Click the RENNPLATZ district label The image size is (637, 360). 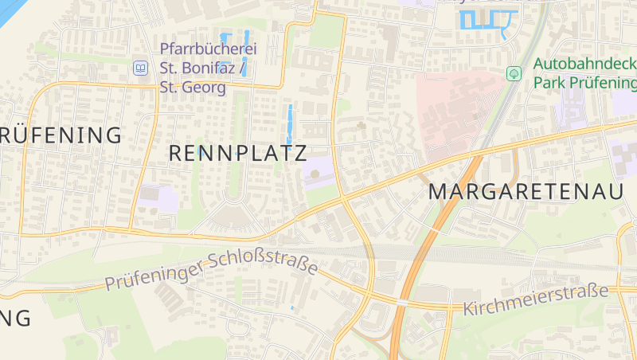point(238,154)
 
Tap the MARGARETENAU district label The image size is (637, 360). point(526,191)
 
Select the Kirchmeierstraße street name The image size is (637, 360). point(535,302)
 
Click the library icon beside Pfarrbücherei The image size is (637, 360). point(141,68)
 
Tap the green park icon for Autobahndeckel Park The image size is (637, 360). point(514,73)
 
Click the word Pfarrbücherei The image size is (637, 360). point(209,49)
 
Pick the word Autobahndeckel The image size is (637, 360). point(585,64)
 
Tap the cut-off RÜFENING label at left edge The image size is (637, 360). point(61,134)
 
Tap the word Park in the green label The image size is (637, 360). point(549,82)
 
